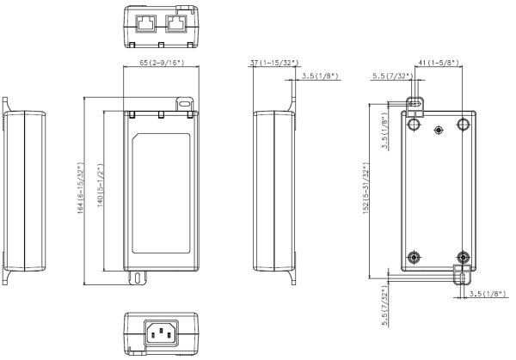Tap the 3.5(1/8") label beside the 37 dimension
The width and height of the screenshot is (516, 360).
[320, 77]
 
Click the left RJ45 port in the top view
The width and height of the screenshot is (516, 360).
[146, 23]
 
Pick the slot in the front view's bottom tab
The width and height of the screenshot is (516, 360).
[137, 278]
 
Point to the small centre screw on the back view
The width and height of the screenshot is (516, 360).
[439, 130]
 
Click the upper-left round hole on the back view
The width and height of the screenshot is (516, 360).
[414, 124]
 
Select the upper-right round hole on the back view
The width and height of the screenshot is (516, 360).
[464, 124]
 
